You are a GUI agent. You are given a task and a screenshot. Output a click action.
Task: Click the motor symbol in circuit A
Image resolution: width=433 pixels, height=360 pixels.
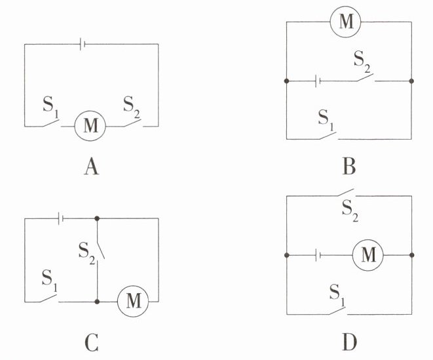(x=91, y=126)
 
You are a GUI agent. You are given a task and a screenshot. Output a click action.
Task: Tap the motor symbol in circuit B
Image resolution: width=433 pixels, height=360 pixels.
(x=345, y=22)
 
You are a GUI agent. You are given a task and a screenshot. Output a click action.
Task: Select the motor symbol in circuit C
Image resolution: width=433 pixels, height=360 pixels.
(x=133, y=301)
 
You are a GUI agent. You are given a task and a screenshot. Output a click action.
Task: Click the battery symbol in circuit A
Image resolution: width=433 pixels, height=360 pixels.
(x=83, y=44)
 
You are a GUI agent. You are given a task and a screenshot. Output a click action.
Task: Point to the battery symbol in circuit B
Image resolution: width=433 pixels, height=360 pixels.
(x=317, y=81)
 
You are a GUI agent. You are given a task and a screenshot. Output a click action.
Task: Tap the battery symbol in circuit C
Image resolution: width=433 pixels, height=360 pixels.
(x=60, y=217)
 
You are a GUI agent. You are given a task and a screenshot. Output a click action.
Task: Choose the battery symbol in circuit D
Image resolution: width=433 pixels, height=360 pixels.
(x=317, y=255)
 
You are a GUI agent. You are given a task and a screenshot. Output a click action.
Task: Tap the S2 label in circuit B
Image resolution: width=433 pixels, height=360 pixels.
(x=362, y=62)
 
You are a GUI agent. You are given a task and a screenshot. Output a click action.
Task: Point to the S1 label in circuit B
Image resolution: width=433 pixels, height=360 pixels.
(x=326, y=119)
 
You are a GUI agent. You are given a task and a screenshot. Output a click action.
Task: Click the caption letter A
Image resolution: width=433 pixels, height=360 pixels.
(x=92, y=168)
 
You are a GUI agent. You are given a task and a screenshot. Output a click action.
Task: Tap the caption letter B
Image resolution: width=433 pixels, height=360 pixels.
(x=349, y=168)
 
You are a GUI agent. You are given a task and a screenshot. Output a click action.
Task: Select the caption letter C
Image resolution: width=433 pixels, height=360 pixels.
(x=92, y=342)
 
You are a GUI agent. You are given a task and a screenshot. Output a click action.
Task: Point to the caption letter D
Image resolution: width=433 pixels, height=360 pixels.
(x=349, y=342)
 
